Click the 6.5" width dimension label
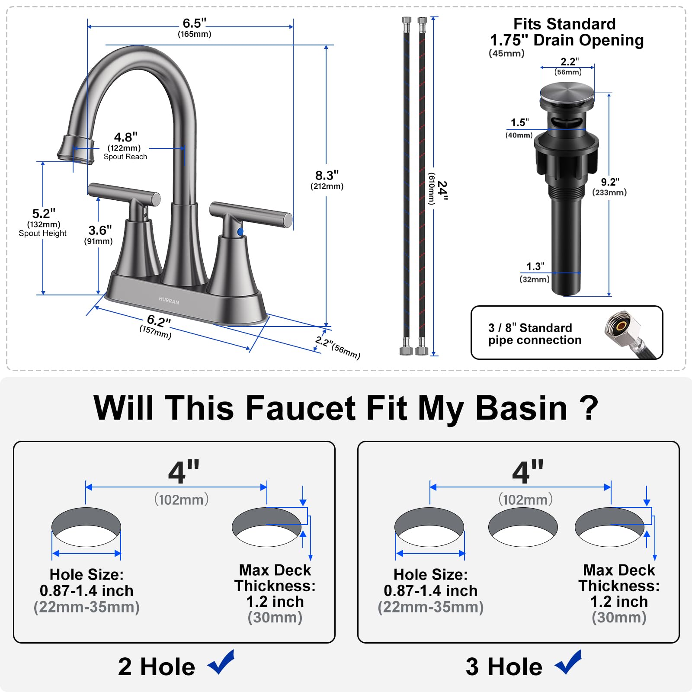coord(194,23)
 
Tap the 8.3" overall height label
coord(327,175)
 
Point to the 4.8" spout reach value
coord(126,137)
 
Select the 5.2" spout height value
coord(44,213)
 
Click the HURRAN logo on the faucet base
coord(169,301)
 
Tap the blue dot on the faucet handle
coord(240,232)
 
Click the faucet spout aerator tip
coord(76,150)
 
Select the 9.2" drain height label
coord(610,182)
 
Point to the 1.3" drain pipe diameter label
coord(535,266)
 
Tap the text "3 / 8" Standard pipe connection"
coord(535,334)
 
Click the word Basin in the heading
coord(521,408)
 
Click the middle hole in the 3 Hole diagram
coord(523,527)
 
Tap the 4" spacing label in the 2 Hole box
coord(184,472)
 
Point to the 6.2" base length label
coord(159,321)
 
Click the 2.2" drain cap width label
coord(570,61)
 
